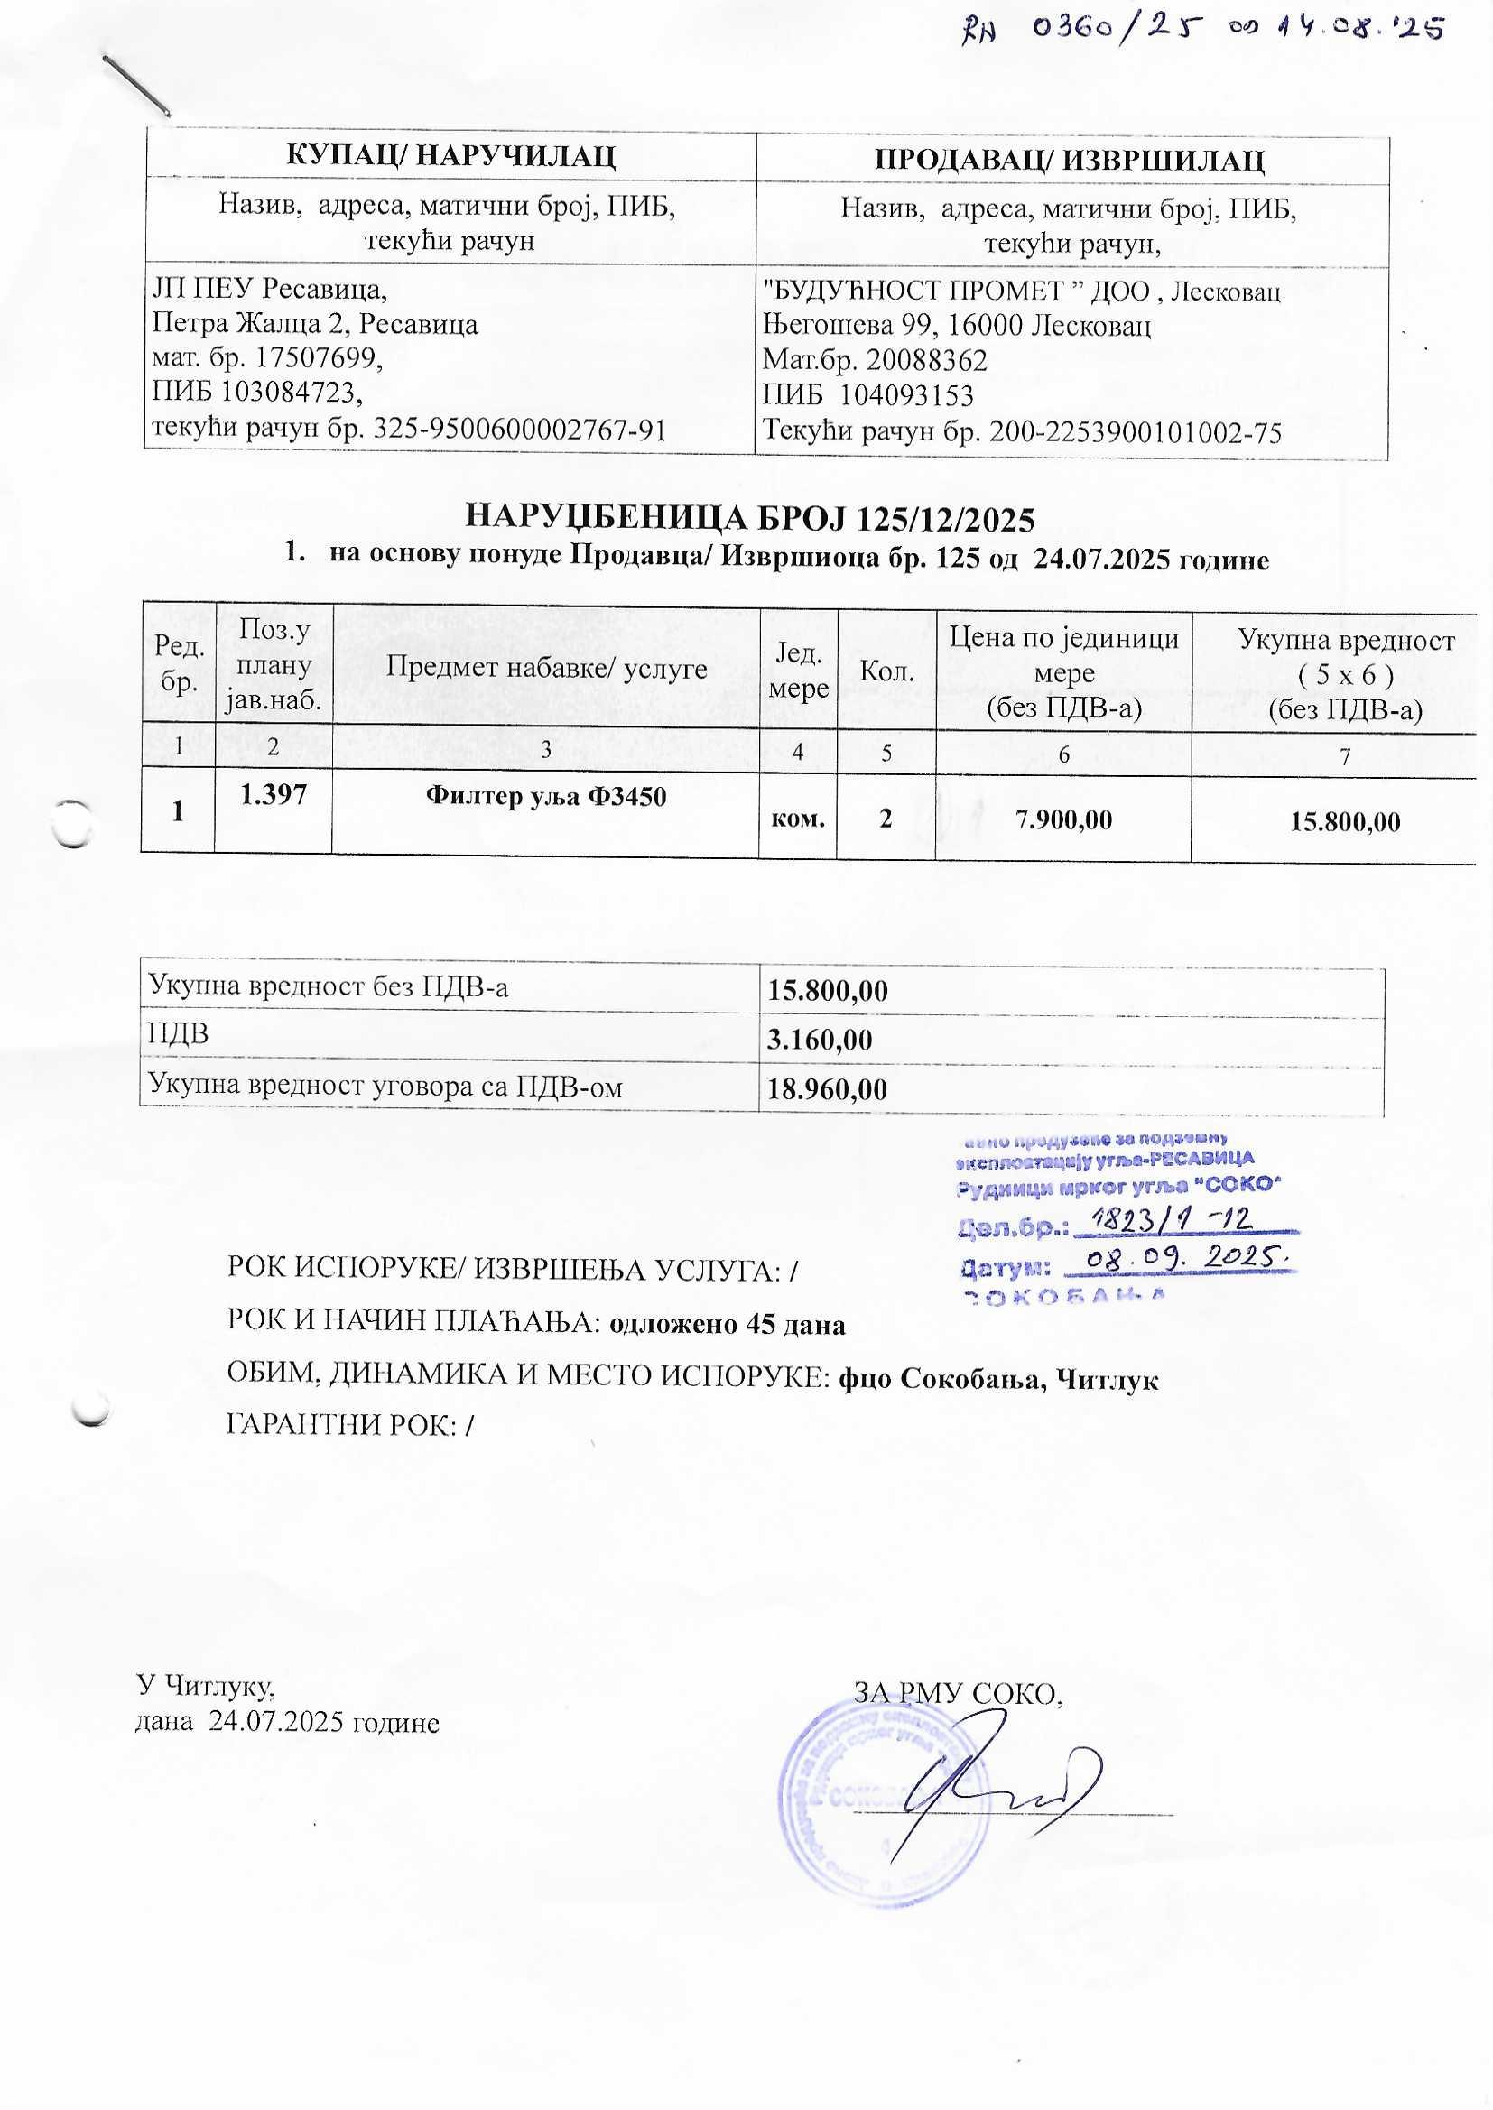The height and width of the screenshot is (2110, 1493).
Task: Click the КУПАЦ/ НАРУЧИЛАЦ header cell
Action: (x=450, y=156)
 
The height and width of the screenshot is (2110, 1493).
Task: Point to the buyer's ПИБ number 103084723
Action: (x=290, y=393)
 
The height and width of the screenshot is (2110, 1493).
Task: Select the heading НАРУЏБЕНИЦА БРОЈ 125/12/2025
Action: (x=749, y=519)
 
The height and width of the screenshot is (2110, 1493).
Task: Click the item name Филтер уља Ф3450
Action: (x=545, y=796)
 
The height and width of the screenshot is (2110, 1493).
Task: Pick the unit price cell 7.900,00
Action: (x=1062, y=819)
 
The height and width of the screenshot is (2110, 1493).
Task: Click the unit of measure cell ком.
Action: (x=797, y=819)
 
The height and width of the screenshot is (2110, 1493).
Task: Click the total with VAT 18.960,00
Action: (x=828, y=1090)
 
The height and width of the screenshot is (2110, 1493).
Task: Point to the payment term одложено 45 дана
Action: (x=728, y=1324)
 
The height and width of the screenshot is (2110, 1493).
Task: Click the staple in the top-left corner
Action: (x=136, y=85)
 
